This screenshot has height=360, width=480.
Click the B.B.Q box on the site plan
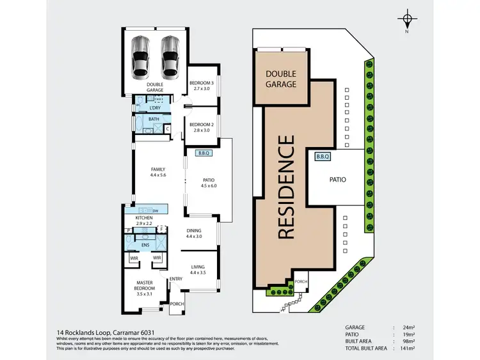pyautogui.click(x=322, y=156)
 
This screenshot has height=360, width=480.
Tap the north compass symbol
pyautogui.click(x=406, y=19)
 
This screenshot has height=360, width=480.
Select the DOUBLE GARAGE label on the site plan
pyautogui.click(x=282, y=79)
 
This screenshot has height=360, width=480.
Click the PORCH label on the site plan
pyautogui.click(x=300, y=281)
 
